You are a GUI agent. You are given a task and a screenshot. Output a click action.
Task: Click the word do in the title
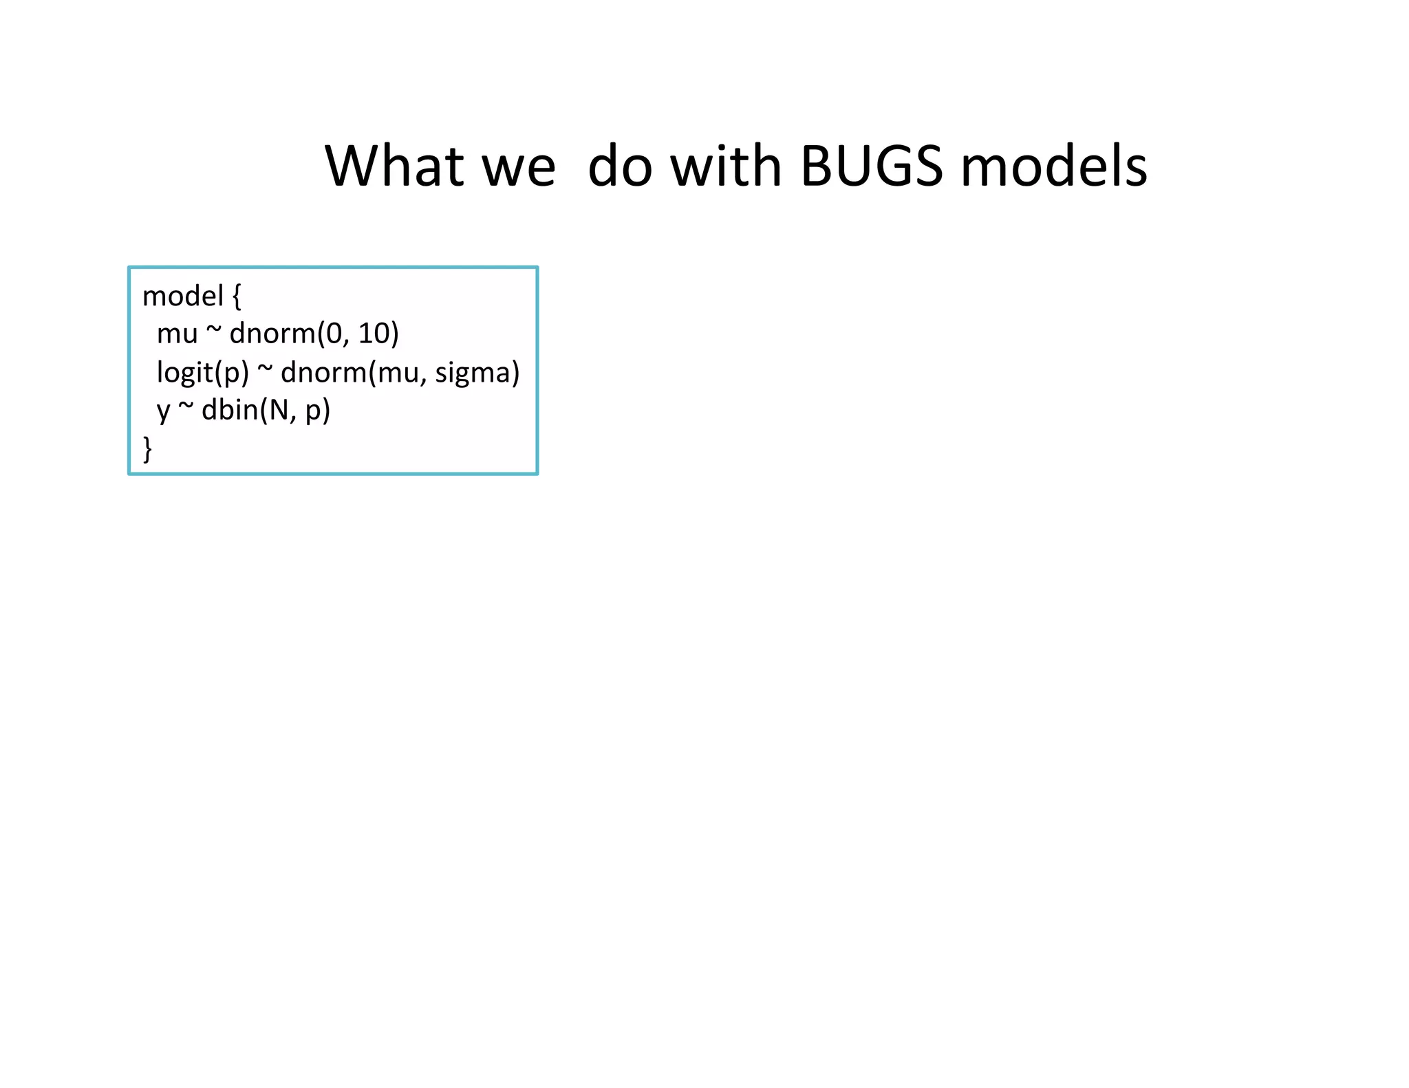pos(620,167)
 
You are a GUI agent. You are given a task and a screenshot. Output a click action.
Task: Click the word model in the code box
pos(183,296)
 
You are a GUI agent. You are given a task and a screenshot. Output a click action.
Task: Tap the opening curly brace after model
pos(237,297)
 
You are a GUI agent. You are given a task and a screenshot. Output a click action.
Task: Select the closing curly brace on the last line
pos(147,448)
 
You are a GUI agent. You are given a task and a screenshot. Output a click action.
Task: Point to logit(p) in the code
pos(203,373)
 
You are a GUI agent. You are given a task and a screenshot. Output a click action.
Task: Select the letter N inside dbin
pos(279,411)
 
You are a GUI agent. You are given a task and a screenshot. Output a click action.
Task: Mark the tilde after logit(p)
pos(265,370)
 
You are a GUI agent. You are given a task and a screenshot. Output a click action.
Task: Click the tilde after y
pos(186,408)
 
